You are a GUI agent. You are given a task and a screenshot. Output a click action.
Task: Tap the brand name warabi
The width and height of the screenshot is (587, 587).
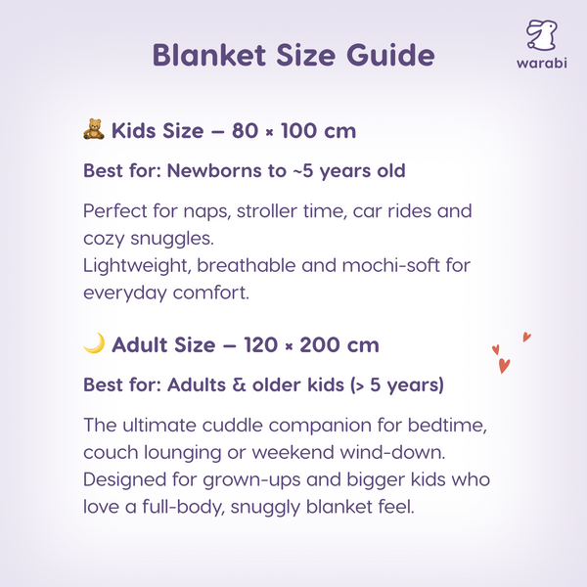point(541,66)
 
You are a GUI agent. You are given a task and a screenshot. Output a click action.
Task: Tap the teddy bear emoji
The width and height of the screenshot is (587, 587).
point(94,130)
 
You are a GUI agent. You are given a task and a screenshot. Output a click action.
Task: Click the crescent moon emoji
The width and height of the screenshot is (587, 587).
point(94,344)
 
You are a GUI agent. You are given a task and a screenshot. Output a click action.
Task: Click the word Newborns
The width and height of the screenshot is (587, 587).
point(212,170)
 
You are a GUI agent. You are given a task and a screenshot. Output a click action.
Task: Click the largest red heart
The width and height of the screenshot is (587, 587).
point(505,366)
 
